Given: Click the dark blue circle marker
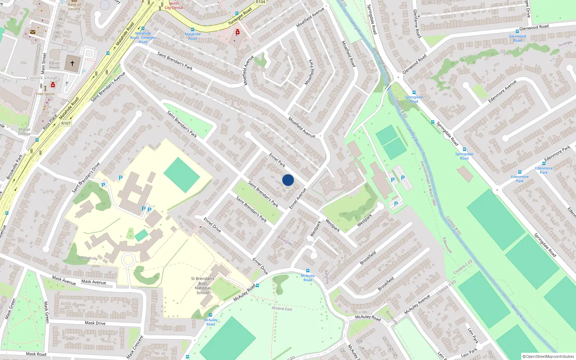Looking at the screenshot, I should pos(288,180).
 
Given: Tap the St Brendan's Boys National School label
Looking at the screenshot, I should pos(203,285).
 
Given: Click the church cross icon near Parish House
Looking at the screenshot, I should pos(72,63).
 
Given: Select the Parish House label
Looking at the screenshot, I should pos(54,65).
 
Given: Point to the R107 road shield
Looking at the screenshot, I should pos(66,123).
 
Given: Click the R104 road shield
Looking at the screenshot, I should pos(260,2).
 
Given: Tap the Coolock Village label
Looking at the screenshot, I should pos(42,78).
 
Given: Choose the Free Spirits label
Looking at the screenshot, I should pos(45,94).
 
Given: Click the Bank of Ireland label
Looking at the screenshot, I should pos(74,7).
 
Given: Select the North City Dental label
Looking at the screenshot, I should pos(174,5).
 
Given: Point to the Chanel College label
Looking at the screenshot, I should pos(24,132).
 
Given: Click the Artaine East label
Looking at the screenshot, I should pos(282,309).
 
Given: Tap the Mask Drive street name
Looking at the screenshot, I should pos(95,323).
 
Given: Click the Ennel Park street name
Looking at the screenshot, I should pos(277,160).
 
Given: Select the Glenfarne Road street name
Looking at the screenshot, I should pos(417,23).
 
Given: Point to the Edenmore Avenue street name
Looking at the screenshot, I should pos(502,91).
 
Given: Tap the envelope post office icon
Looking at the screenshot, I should pos(33,32).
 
